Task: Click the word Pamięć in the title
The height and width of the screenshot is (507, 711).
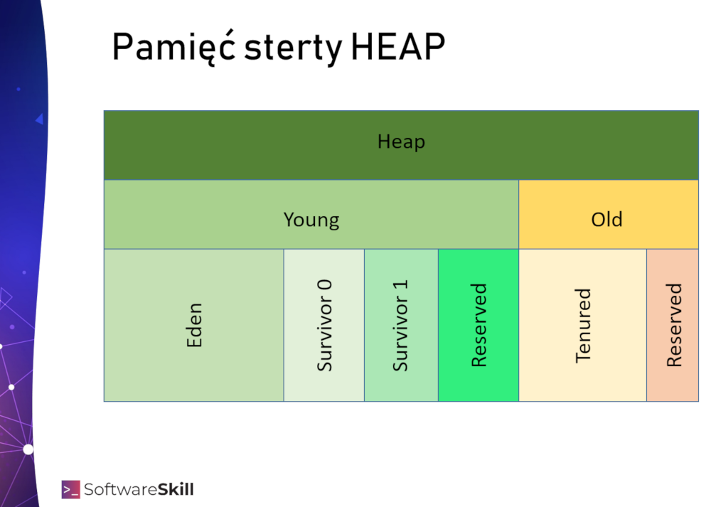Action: coord(173,47)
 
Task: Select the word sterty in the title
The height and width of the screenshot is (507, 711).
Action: coord(293,48)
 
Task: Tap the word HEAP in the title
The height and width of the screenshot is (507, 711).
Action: coord(398,47)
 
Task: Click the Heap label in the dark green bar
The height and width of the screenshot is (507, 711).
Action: coord(401,142)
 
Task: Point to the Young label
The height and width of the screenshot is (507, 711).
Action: coord(311,220)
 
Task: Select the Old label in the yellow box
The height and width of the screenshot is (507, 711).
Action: coord(606,220)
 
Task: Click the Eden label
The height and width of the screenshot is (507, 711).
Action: coord(194,325)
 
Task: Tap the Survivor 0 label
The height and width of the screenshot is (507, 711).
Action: coord(324,326)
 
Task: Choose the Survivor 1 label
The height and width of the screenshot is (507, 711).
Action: coord(400,326)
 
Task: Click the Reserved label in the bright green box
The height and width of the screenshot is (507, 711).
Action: coord(479,325)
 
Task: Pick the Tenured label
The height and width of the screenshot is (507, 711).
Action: coord(583,326)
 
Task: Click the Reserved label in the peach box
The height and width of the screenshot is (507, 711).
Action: coord(674,325)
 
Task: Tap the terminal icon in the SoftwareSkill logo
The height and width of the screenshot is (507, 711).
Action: coord(70,489)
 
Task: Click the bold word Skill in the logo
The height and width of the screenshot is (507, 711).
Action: coord(176,489)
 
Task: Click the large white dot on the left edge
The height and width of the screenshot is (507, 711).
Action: coord(28,449)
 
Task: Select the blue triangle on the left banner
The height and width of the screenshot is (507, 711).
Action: coord(40,119)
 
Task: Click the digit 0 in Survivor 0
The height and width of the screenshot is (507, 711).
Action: coord(325,287)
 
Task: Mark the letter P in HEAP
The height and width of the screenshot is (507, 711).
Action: coord(434,47)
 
